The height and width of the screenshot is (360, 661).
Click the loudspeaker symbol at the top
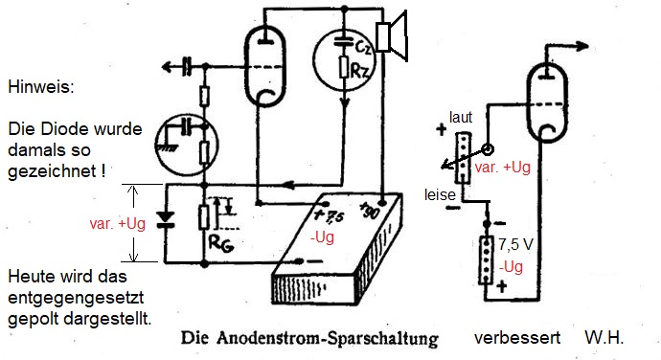pos(391,36)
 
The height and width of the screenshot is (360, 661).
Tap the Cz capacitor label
pos(363,47)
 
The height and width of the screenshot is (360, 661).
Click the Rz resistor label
pos(359,71)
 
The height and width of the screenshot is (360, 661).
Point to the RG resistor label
pos(221,243)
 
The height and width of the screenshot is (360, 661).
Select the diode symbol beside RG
pos(165,220)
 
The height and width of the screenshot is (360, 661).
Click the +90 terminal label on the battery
pos(370,210)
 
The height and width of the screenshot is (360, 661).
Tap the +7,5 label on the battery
pos(329,215)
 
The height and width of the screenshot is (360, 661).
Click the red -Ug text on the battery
pos(322,237)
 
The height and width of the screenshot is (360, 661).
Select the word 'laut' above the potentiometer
pos(461,117)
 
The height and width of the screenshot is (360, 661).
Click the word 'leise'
pos(440,194)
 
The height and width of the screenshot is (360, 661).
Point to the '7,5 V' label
pos(515,244)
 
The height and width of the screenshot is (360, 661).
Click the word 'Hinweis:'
pos(41,87)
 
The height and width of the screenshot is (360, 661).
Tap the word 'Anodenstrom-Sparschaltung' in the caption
pos(327,338)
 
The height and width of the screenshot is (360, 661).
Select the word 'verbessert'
pos(517,338)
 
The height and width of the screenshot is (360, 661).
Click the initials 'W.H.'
pos(604,338)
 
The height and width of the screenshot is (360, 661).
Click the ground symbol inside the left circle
pos(167,147)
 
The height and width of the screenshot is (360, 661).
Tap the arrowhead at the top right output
pos(581,46)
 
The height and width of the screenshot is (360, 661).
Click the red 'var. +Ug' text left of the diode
pos(117,223)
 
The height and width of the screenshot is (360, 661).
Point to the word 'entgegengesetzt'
pos(76,298)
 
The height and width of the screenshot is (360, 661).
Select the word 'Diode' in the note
pos(65,128)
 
